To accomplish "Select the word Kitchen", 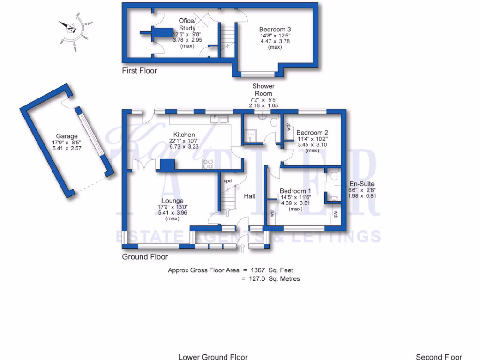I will tap(184, 135).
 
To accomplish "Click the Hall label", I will tap(249, 196).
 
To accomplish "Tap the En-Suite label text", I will tap(361, 184).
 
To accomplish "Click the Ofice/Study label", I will tap(187, 24).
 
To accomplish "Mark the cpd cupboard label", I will tap(228, 181).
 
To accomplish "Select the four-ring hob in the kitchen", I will tap(208, 164).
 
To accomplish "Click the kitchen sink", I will tap(219, 119).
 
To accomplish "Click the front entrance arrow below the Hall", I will tap(242, 247).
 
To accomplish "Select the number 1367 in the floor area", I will tap(258, 270).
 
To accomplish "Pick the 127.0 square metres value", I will tap(258, 278).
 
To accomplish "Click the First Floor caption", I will tap(139, 71).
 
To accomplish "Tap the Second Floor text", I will tap(439, 357).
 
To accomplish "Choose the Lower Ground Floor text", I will tap(213, 357).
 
